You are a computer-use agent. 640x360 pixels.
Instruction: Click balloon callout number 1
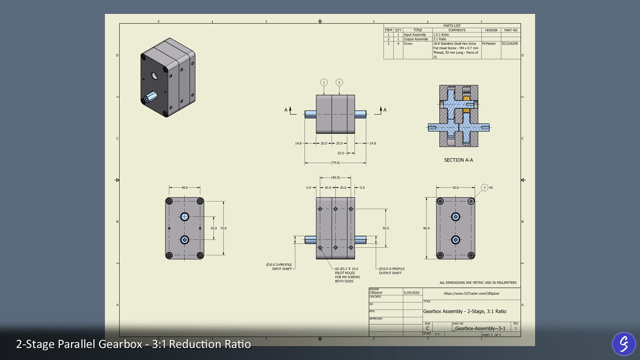(324, 82)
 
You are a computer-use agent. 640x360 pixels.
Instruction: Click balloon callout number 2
(339, 82)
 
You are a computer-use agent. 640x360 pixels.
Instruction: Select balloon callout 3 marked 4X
(484, 188)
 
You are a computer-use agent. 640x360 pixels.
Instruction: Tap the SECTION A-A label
(458, 160)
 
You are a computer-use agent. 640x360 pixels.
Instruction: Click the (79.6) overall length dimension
(335, 163)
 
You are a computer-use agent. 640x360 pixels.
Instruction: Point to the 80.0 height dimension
(426, 228)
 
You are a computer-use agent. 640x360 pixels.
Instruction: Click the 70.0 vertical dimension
(223, 228)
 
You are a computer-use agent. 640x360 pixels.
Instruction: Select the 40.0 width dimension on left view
(184, 188)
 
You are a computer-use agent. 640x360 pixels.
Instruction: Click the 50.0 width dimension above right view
(456, 188)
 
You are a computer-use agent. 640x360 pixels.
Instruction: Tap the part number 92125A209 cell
(510, 44)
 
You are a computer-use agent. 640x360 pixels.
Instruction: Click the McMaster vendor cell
(489, 44)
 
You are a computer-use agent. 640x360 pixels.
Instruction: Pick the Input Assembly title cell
(415, 35)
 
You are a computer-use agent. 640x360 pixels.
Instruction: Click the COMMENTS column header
(457, 30)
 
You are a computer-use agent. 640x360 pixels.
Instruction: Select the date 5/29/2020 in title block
(412, 293)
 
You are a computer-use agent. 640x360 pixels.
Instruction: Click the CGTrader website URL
(472, 294)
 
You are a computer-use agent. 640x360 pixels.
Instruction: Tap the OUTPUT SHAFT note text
(390, 273)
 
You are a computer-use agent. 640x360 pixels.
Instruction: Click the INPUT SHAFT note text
(282, 269)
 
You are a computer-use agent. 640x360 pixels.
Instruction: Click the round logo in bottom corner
(624, 344)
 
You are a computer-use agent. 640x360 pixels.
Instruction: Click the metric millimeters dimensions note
(478, 283)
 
